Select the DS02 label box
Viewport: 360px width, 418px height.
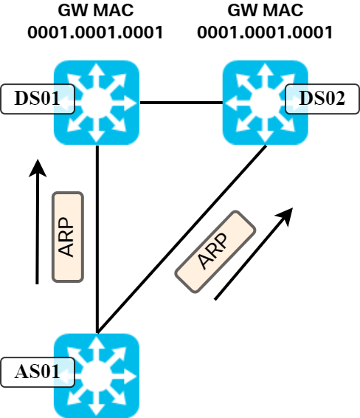(322, 98)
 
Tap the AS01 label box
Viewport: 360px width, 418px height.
(38, 371)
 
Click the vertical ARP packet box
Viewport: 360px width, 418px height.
(68, 236)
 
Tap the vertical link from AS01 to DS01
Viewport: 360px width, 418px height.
(97, 236)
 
